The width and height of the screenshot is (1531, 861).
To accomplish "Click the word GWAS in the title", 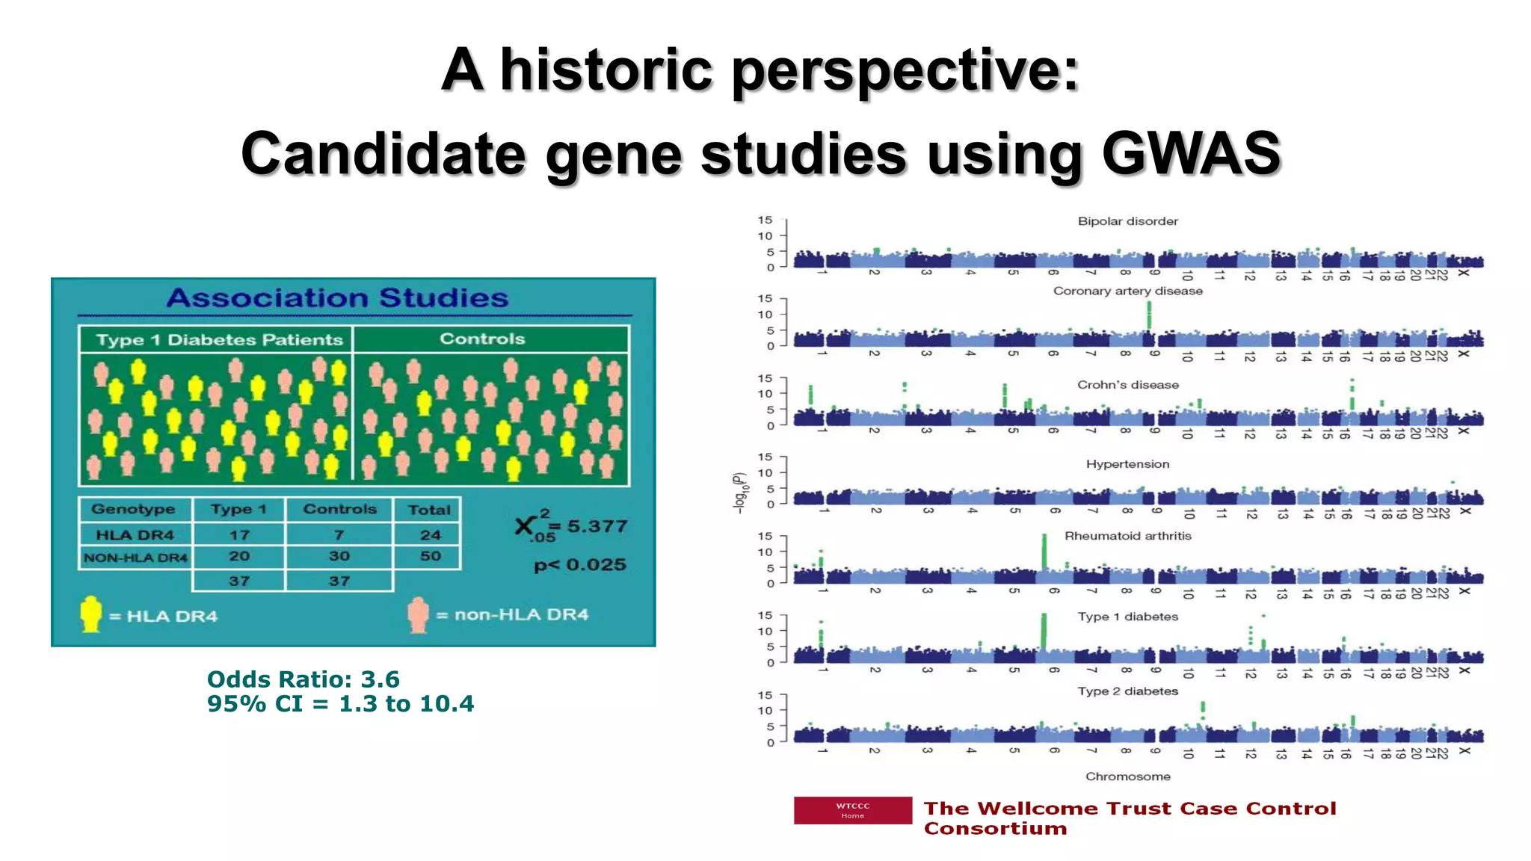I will [x=1192, y=153].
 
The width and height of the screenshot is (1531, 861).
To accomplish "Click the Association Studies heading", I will [x=337, y=298].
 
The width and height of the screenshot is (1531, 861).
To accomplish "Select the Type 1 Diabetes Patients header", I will [x=219, y=340].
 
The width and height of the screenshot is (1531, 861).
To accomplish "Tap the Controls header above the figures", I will [x=482, y=339].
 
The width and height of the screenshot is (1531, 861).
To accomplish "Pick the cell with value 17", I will [x=239, y=535].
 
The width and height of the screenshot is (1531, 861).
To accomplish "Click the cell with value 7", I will [x=339, y=535].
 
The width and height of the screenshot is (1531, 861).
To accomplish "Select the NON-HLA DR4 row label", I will [x=135, y=558].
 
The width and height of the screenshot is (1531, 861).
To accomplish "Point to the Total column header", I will [x=429, y=510].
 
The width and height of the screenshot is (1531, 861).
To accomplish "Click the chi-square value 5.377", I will [x=597, y=526].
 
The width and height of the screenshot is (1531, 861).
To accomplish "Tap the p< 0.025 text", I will [x=580, y=565].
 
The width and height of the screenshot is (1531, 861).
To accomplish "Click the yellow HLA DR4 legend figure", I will [x=90, y=614].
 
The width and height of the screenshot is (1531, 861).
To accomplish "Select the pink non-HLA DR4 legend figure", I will [x=419, y=614].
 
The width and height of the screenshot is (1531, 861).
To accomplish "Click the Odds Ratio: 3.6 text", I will [x=303, y=679].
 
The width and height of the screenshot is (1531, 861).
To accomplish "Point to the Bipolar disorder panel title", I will [x=1127, y=221].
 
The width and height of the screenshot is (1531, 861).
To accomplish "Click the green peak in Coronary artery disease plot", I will [x=1149, y=315].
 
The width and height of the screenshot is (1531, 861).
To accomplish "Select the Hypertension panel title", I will [x=1127, y=464].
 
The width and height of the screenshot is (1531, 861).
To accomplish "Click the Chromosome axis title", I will [x=1127, y=777].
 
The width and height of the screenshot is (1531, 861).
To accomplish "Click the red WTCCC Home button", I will [x=852, y=810].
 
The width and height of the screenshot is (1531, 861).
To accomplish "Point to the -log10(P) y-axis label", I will [x=739, y=493].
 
